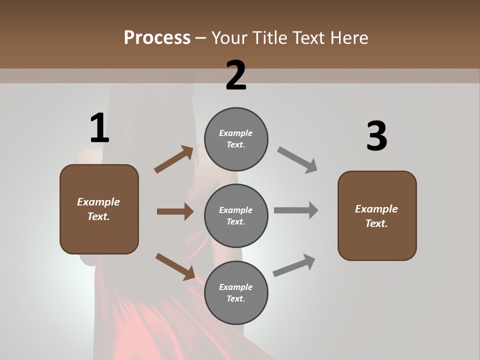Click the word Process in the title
click(x=157, y=37)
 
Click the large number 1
click(x=99, y=128)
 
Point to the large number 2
click(x=236, y=75)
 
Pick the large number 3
click(x=376, y=136)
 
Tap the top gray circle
click(x=236, y=139)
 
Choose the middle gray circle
click(x=236, y=215)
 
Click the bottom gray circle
click(x=236, y=292)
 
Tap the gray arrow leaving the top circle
click(x=297, y=159)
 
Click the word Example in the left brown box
click(x=98, y=202)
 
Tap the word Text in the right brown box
click(x=376, y=223)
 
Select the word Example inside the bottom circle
click(x=236, y=287)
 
